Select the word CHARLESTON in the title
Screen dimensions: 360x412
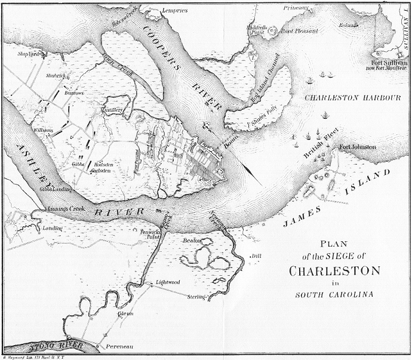[334, 271]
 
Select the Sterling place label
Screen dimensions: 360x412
[196, 297]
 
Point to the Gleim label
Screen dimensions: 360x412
[126, 313]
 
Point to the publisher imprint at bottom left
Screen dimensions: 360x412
[33, 357]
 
